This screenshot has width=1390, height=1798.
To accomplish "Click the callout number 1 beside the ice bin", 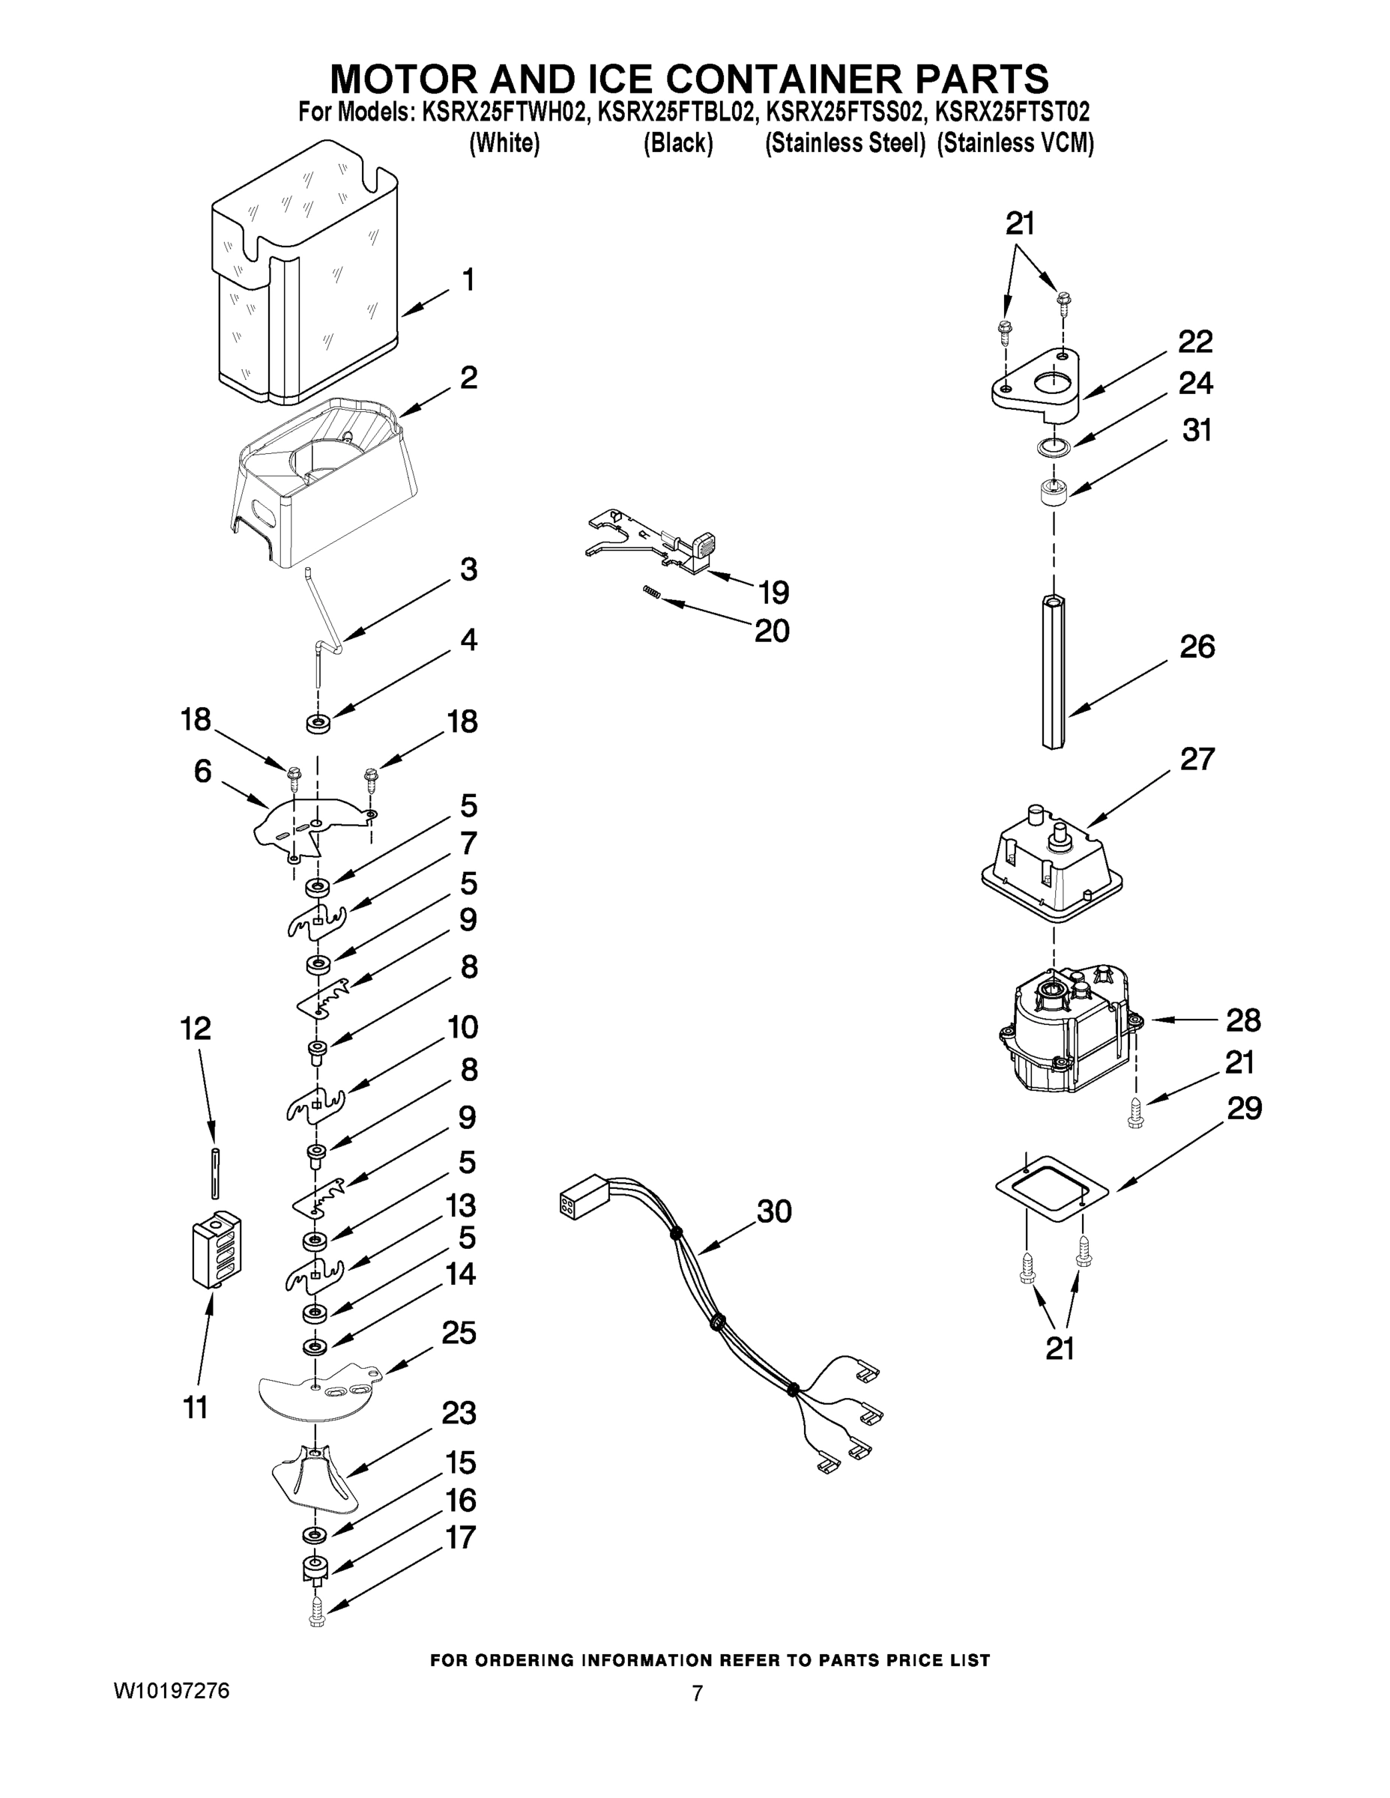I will pyautogui.click(x=468, y=281).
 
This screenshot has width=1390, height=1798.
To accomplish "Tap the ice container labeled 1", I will pyautogui.click(x=305, y=280).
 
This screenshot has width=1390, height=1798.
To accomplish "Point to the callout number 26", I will pyautogui.click(x=1197, y=647).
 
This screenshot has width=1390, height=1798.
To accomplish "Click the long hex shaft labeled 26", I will pyautogui.click(x=1055, y=671).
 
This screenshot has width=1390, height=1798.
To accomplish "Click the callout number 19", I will pyautogui.click(x=774, y=592).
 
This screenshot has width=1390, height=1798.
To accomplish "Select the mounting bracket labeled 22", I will pyautogui.click(x=1036, y=382).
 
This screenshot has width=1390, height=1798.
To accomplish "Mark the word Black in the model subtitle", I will pyautogui.click(x=677, y=143).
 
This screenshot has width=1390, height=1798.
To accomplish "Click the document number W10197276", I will pyautogui.click(x=172, y=1692).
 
